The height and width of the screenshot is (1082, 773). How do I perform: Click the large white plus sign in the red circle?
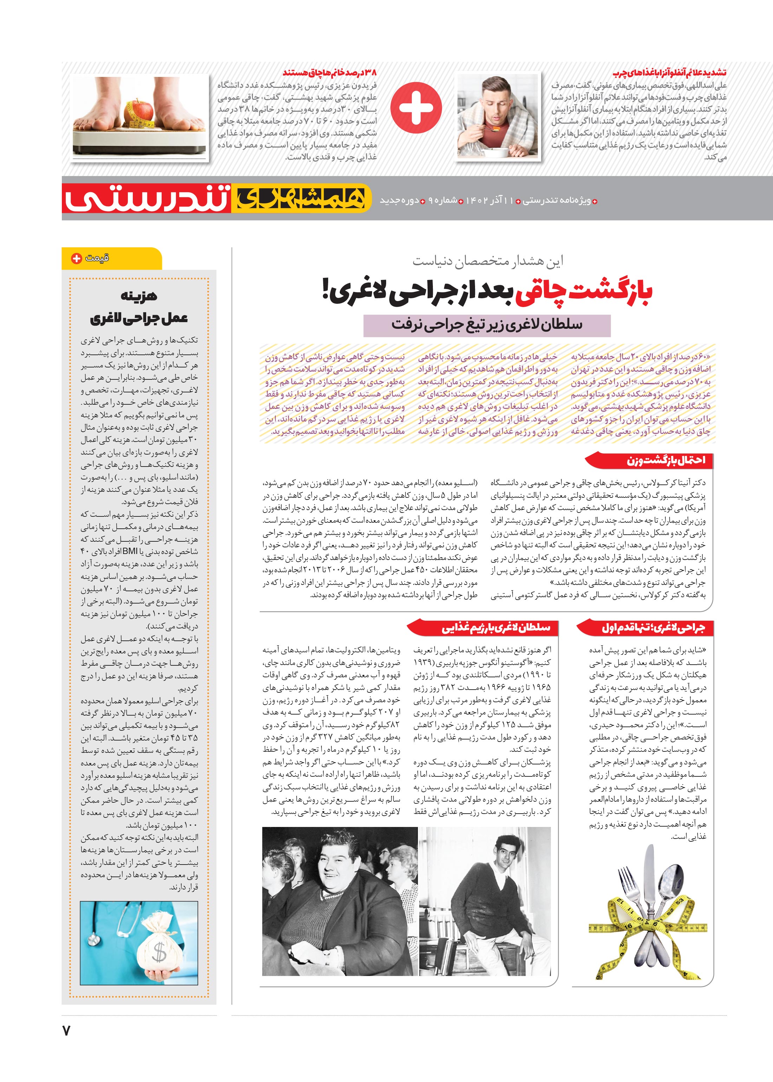pyautogui.click(x=416, y=107)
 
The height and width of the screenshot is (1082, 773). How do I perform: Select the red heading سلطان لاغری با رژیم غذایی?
pyautogui.click(x=496, y=628)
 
